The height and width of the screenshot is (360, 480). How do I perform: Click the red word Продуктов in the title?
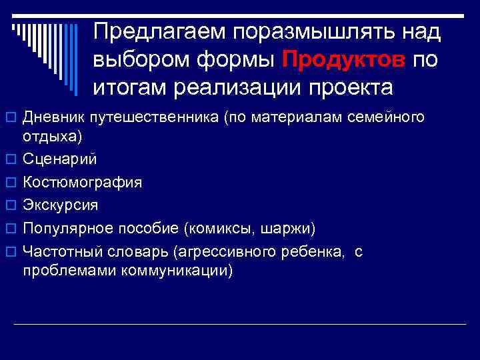343,60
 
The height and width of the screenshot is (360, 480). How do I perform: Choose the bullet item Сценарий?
60,159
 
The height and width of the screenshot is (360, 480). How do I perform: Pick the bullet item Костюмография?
82,182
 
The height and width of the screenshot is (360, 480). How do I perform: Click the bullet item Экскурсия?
60,205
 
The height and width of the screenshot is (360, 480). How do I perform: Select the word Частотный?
59,251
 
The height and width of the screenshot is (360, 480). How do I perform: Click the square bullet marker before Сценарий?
11,160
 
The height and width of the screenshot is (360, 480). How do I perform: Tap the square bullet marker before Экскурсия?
11,205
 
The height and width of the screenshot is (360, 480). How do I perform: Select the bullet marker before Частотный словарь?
11,252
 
